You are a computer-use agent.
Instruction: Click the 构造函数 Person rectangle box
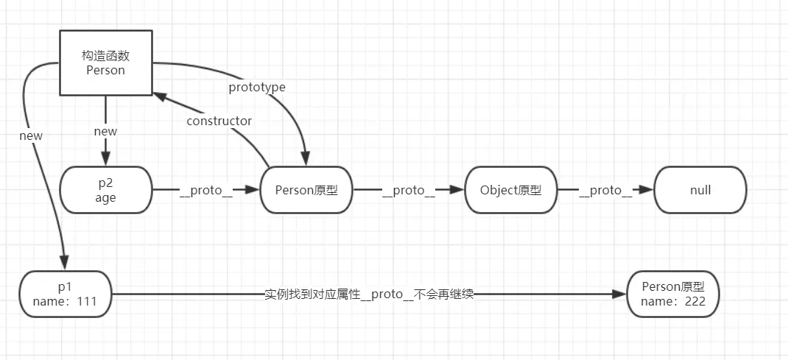click(105, 63)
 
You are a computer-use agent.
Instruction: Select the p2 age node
click(105, 190)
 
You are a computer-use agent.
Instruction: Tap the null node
click(700, 190)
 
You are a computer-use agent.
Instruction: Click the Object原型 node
click(510, 190)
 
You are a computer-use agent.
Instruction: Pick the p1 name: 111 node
click(66, 294)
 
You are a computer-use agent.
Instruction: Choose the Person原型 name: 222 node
click(672, 294)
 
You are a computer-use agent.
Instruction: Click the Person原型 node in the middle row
click(306, 190)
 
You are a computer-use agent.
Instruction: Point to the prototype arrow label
click(256, 87)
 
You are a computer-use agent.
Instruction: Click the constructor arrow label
click(219, 121)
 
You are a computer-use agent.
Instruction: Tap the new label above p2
click(105, 131)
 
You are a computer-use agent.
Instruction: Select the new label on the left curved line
click(32, 135)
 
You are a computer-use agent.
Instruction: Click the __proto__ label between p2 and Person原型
click(206, 191)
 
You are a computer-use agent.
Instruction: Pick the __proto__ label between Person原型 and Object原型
click(408, 191)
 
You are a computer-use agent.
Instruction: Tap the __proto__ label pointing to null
click(605, 191)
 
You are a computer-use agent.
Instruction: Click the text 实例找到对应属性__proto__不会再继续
click(368, 294)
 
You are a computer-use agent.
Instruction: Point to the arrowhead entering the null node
click(647, 190)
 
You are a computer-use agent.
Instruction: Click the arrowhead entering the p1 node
click(64, 263)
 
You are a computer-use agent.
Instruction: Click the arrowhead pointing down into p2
click(105, 160)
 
